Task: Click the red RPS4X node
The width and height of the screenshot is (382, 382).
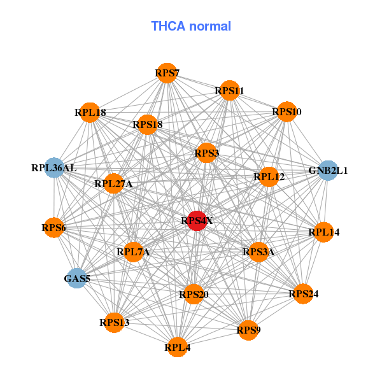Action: click(x=197, y=221)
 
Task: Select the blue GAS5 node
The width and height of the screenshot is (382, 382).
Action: click(x=76, y=278)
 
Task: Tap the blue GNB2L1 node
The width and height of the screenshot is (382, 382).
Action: click(x=328, y=170)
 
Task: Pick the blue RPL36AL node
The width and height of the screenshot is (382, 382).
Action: click(x=54, y=168)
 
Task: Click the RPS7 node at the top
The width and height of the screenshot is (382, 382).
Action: click(x=166, y=73)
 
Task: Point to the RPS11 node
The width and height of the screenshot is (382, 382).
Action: click(x=229, y=91)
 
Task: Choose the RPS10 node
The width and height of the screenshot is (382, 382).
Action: click(x=286, y=112)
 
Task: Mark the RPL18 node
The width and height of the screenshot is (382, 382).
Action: click(x=90, y=113)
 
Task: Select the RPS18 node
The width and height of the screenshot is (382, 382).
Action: click(x=148, y=124)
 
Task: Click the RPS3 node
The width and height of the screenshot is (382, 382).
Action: click(x=206, y=153)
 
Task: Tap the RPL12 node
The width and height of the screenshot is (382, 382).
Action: click(x=269, y=176)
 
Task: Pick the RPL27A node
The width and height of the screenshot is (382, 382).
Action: click(x=113, y=184)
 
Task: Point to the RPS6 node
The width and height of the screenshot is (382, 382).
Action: click(x=53, y=227)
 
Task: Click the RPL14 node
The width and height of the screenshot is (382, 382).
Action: click(x=324, y=232)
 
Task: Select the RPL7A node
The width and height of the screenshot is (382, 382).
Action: click(x=133, y=252)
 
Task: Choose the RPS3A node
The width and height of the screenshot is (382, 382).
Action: click(x=258, y=252)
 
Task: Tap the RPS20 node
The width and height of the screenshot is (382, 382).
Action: click(x=194, y=294)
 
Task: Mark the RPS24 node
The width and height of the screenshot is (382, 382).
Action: click(x=303, y=294)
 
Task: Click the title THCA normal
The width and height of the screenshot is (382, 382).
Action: click(x=191, y=26)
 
